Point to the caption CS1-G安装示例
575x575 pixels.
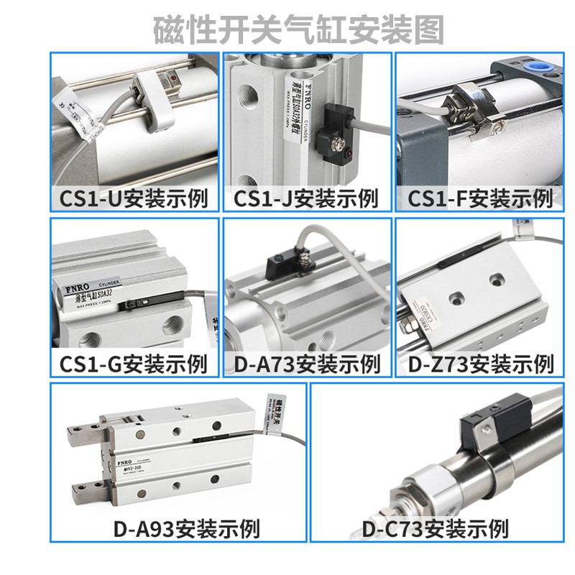134,363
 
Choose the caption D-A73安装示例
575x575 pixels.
307,363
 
